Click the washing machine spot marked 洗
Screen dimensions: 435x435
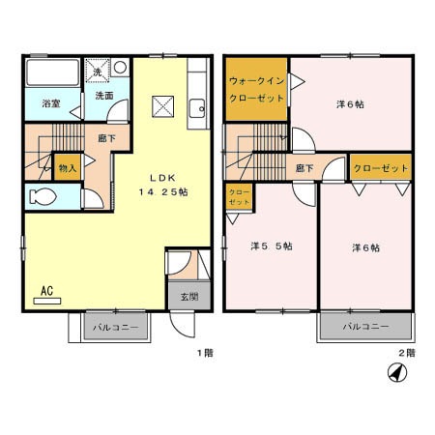pyautogui.click(x=98, y=70)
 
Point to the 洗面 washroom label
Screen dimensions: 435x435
pyautogui.click(x=104, y=97)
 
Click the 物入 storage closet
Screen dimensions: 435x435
pyautogui.click(x=68, y=169)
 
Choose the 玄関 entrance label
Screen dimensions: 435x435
pyautogui.click(x=188, y=296)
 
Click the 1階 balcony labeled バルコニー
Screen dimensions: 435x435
pyautogui.click(x=116, y=327)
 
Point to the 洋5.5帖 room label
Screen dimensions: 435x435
pyautogui.click(x=272, y=246)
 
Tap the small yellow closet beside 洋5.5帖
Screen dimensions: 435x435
pyautogui.click(x=239, y=198)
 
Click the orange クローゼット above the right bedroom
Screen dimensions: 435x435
pyautogui.click(x=381, y=168)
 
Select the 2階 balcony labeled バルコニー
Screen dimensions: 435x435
pyautogui.click(x=367, y=327)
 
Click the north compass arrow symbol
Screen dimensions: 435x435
pyautogui.click(x=395, y=372)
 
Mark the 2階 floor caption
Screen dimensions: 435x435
pyautogui.click(x=408, y=353)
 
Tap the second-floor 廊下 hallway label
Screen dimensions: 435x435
pyautogui.click(x=305, y=168)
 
